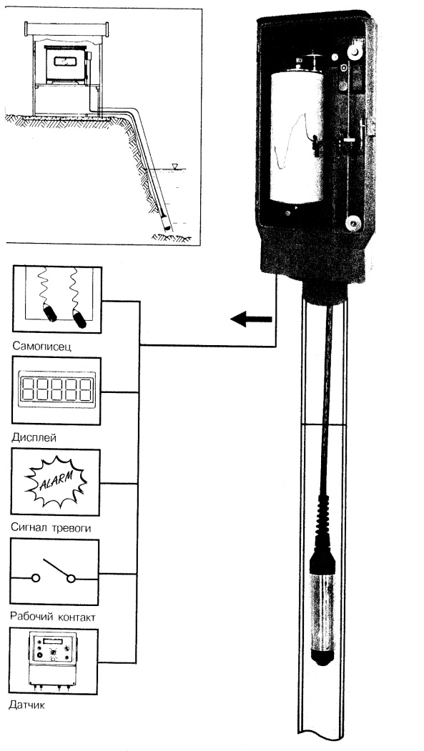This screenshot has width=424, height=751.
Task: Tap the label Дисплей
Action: [33, 438]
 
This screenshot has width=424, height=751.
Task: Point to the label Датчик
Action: [27, 705]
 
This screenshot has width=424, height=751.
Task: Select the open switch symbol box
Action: [54, 572]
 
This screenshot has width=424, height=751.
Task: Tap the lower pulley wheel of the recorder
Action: [352, 223]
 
